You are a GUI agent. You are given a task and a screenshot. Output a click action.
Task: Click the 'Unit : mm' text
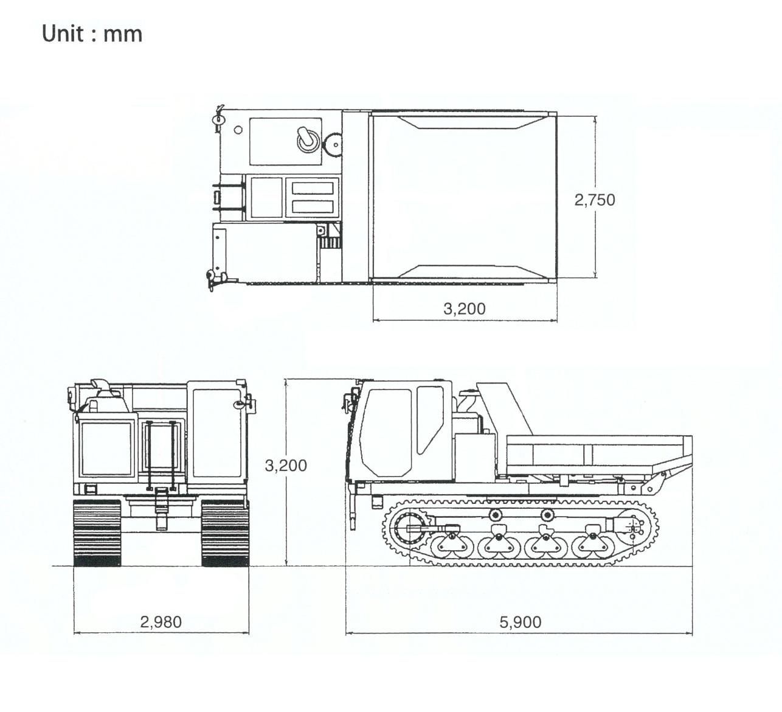pos(92,33)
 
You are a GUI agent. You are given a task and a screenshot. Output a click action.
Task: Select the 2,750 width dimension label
pos(594,200)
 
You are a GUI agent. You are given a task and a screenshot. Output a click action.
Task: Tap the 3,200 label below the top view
pos(464,309)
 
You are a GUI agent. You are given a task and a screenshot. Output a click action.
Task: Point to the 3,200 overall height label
pos(286,466)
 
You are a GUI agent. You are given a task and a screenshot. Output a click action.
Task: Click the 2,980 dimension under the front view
pos(161,622)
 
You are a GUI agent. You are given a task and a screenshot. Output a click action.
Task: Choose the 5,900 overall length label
pos(520,622)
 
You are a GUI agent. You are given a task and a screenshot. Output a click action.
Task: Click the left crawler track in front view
pos(97,533)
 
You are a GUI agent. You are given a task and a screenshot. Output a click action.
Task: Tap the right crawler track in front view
pos(225,533)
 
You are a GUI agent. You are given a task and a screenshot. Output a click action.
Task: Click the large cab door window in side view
pos(386,432)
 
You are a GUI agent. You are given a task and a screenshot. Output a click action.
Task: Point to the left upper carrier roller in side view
pos(496,515)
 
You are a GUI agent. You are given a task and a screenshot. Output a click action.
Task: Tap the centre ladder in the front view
pos(161,453)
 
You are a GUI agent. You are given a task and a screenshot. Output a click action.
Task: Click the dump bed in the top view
pos(464,196)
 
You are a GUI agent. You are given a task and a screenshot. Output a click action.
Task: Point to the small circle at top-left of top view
pos(238,130)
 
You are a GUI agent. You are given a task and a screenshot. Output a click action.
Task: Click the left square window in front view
pos(106,448)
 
